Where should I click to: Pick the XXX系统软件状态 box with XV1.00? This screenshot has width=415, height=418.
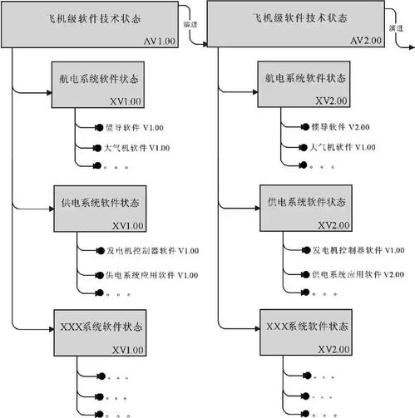99,330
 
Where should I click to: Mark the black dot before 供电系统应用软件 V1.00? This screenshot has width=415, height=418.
99,274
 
